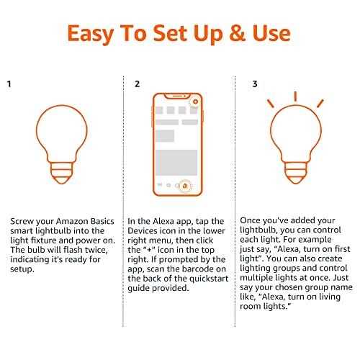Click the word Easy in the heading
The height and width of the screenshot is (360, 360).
(x=96, y=33)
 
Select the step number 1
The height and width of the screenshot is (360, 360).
(x=9, y=84)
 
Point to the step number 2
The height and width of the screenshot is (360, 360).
(x=137, y=84)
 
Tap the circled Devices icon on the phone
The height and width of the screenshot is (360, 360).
(x=185, y=186)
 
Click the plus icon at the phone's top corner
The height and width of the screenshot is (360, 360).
(x=194, y=102)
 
